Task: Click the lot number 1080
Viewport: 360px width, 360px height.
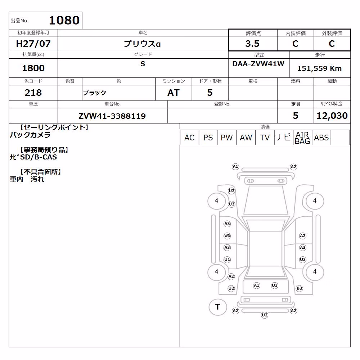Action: (64, 20)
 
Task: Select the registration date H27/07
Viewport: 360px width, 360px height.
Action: (33, 44)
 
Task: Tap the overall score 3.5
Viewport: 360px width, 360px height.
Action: (252, 44)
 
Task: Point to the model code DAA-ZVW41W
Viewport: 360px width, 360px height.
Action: (258, 64)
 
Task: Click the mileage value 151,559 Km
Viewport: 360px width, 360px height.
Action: (319, 68)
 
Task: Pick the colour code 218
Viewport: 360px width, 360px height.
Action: (33, 93)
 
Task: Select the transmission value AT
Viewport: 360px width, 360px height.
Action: (174, 93)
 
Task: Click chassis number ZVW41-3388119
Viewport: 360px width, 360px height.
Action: (112, 116)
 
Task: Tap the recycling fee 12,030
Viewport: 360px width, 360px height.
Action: (332, 116)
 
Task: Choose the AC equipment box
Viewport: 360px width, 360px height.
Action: (189, 138)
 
